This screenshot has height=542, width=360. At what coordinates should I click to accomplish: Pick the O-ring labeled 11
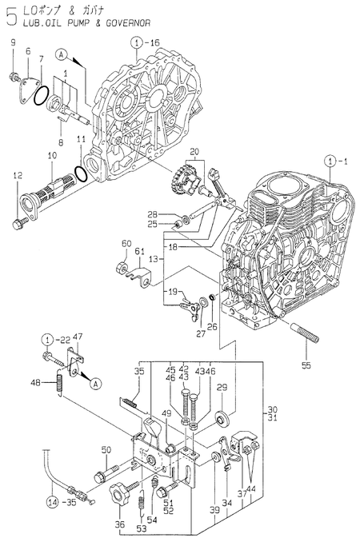point(81,173)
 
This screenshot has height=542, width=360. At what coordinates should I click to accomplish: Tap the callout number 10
point(51,154)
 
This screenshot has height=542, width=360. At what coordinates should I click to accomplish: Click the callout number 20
point(194,151)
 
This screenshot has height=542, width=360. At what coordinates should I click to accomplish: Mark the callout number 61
point(138,252)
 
